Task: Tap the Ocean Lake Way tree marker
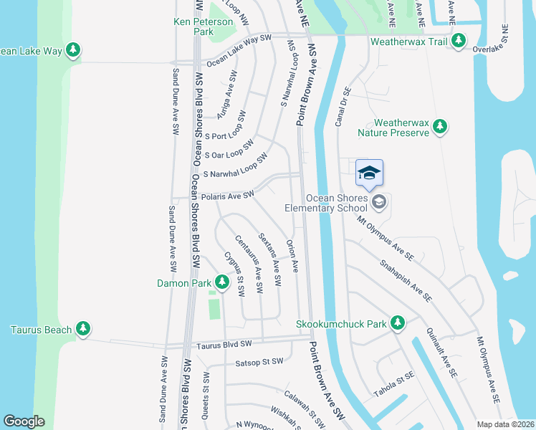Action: pos(72,50)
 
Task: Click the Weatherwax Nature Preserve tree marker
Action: pos(440,128)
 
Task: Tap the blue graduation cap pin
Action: pos(369,173)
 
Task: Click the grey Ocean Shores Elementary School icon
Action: pos(379,203)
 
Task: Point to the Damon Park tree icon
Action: pos(221,283)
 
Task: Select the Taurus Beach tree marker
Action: pos(84,329)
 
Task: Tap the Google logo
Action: pos(24,421)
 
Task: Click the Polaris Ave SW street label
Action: pos(228,195)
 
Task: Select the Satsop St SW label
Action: pos(259,362)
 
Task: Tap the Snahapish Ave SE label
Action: pos(406,279)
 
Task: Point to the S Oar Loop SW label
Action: pos(229,150)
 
